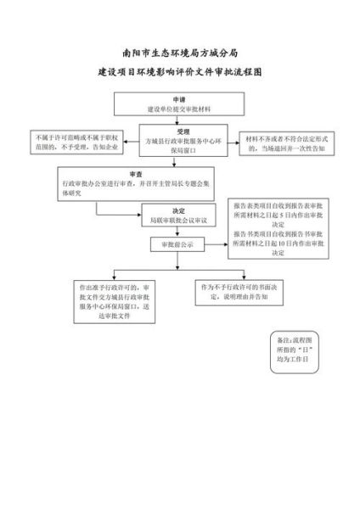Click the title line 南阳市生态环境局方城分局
point(180,52)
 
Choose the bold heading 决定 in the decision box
point(179,209)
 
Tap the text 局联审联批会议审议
point(179,219)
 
